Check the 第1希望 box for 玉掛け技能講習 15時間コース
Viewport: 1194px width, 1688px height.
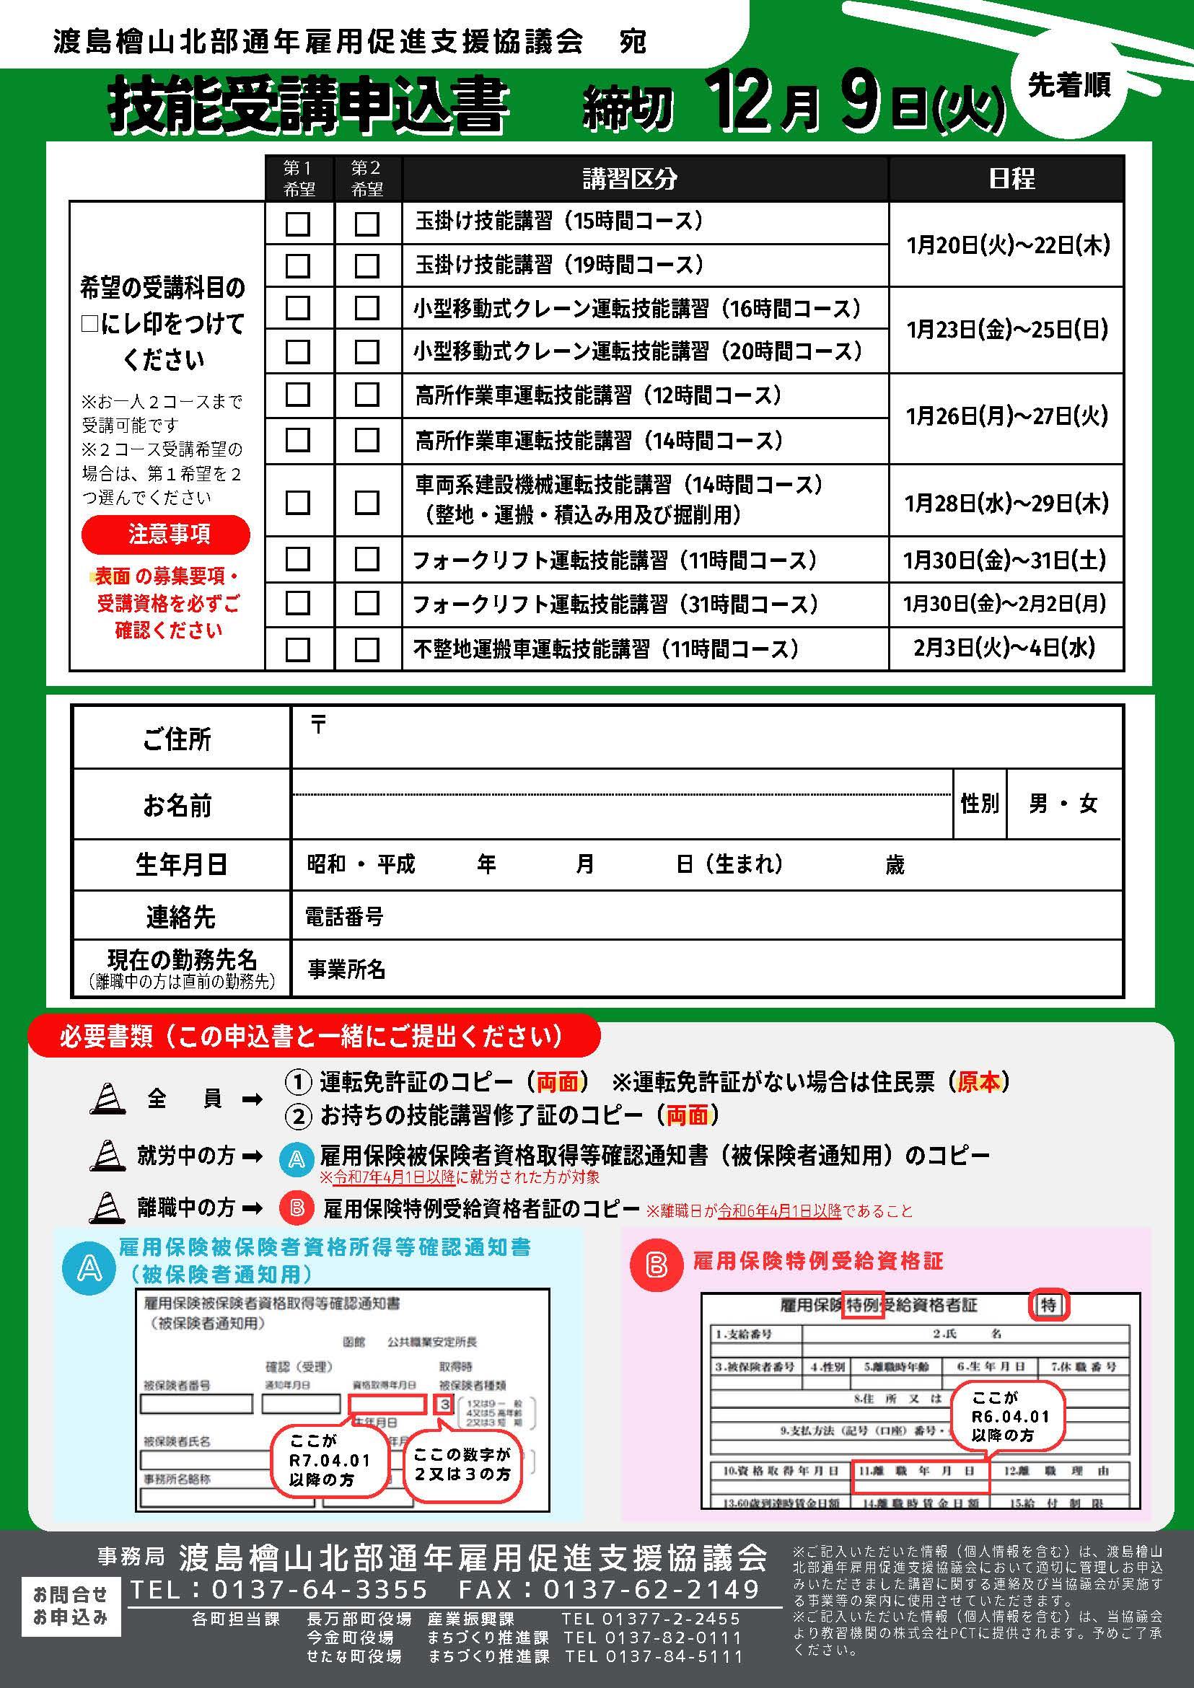(x=297, y=224)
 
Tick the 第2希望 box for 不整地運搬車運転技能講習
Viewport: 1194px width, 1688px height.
(x=367, y=649)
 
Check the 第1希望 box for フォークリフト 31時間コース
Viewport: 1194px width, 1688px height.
(x=297, y=604)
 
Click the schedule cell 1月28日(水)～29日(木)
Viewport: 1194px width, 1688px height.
(x=1006, y=504)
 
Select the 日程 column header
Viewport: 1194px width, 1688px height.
(x=1006, y=179)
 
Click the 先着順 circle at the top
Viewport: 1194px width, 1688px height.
(x=1068, y=87)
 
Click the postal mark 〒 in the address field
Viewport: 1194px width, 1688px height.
(x=317, y=725)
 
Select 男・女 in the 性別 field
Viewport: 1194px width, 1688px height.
(x=1063, y=804)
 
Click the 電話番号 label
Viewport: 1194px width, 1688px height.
(x=344, y=916)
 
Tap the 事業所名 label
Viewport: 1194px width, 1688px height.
(x=346, y=969)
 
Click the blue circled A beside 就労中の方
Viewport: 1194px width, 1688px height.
(x=297, y=1159)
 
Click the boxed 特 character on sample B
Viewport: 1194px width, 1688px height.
(x=1048, y=1305)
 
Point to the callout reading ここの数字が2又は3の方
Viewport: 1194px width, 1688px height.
(x=462, y=1464)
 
